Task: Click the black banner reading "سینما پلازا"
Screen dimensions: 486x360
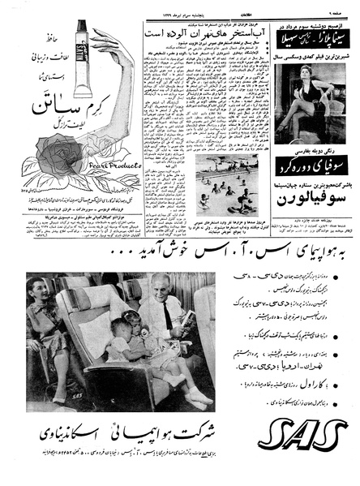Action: tap(313, 37)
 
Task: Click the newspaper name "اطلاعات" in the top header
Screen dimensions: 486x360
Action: tap(183, 8)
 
